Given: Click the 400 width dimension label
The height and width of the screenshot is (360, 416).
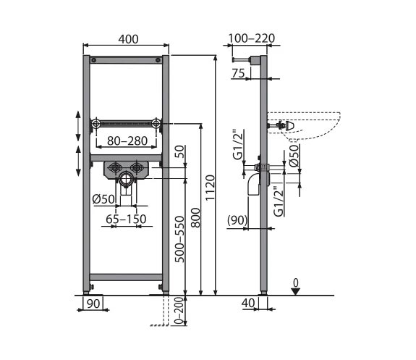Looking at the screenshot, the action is coord(128,39).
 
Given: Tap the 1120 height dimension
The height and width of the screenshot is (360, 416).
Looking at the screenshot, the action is coord(210,188).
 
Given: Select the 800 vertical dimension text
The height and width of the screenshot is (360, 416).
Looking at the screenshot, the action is coord(195,217).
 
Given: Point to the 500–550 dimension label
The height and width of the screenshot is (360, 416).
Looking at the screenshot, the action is coord(179,239).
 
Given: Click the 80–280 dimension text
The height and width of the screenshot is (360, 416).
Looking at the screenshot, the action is coord(127,141).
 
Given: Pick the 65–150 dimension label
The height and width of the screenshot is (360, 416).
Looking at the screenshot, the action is coord(126,219).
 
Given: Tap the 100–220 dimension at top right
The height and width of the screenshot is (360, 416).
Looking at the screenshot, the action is coord(251,38).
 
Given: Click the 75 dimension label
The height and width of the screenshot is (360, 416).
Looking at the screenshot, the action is coord(238,73).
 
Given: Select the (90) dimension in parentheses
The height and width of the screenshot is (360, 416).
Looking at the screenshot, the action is coord(237,220).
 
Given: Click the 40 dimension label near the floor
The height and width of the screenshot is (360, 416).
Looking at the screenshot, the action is coord(248,303).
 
